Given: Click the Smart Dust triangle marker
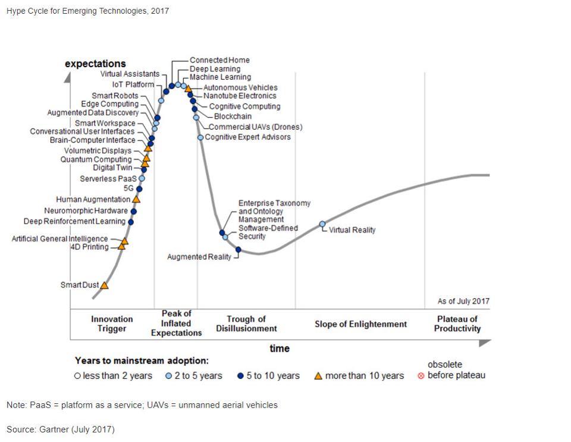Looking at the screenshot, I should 105,286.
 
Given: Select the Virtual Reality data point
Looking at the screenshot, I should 322,224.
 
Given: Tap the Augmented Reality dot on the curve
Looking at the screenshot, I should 238,250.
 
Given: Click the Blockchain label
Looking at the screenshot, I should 233,117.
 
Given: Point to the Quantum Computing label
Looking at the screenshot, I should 96,159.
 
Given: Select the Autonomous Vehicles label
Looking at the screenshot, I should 240,87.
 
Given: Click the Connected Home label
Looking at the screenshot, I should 219,60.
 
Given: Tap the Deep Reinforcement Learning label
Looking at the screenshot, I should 74,221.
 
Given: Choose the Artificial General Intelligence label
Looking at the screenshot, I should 59,239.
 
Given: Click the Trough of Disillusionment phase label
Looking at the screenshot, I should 246,324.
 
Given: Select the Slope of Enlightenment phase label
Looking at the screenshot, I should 360,324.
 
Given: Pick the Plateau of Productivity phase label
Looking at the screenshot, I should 457,324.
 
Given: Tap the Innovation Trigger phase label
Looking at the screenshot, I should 112,324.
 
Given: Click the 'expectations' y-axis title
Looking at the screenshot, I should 95,64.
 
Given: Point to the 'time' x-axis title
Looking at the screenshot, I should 280,348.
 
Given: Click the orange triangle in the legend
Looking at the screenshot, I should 318,376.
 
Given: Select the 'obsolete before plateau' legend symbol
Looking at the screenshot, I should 421,376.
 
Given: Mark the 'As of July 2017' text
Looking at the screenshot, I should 463,301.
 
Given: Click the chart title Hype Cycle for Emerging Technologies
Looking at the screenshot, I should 87,11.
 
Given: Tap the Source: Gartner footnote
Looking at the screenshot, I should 61,429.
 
